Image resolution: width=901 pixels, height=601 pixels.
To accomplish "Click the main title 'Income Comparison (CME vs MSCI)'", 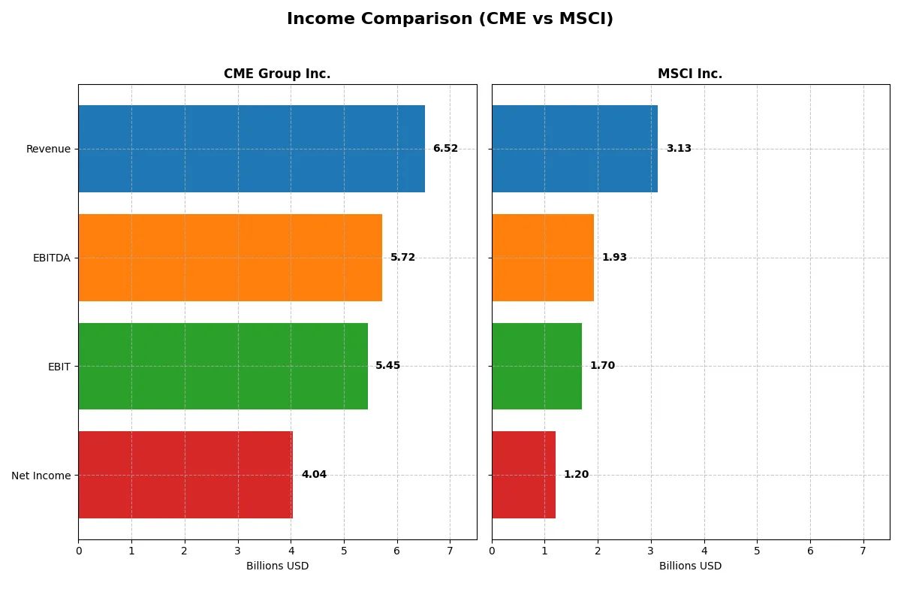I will coord(450,19).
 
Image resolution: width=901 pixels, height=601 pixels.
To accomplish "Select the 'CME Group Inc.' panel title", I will coord(277,74).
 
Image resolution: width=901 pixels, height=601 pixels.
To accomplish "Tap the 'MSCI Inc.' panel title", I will coord(689,74).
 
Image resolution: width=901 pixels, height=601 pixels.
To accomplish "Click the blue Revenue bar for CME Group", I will coord(252,149).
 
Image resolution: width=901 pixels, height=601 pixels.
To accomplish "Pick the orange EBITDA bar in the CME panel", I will coord(230,258).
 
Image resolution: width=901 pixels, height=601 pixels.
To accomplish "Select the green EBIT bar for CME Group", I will coord(223,367).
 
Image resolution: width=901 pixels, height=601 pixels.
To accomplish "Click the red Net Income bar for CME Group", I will coord(185,475).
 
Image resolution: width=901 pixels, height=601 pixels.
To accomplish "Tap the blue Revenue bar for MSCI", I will coord(574,149).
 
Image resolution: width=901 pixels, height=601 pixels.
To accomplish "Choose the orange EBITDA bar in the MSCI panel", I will coord(543,258).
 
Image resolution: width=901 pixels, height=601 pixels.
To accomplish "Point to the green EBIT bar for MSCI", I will coord(537,367).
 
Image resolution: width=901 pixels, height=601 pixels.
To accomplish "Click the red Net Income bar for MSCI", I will coord(523,475).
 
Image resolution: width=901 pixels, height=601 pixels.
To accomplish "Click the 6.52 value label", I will coord(445,149).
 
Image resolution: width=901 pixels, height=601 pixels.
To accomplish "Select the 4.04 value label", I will coord(314,475).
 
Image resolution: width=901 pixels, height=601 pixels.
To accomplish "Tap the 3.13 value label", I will coord(679,149).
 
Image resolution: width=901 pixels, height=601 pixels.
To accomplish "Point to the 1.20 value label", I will coord(576,475).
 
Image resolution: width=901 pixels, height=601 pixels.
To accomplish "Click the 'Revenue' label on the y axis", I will coord(48,149).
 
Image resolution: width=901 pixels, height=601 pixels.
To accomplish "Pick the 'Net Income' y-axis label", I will coord(41,476).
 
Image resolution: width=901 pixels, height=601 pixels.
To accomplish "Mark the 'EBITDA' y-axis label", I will coord(52,258).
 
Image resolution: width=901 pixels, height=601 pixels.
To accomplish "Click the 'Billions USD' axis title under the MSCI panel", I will coord(690,566).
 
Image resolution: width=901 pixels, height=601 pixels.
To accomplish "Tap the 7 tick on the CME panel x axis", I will coord(450,550).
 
